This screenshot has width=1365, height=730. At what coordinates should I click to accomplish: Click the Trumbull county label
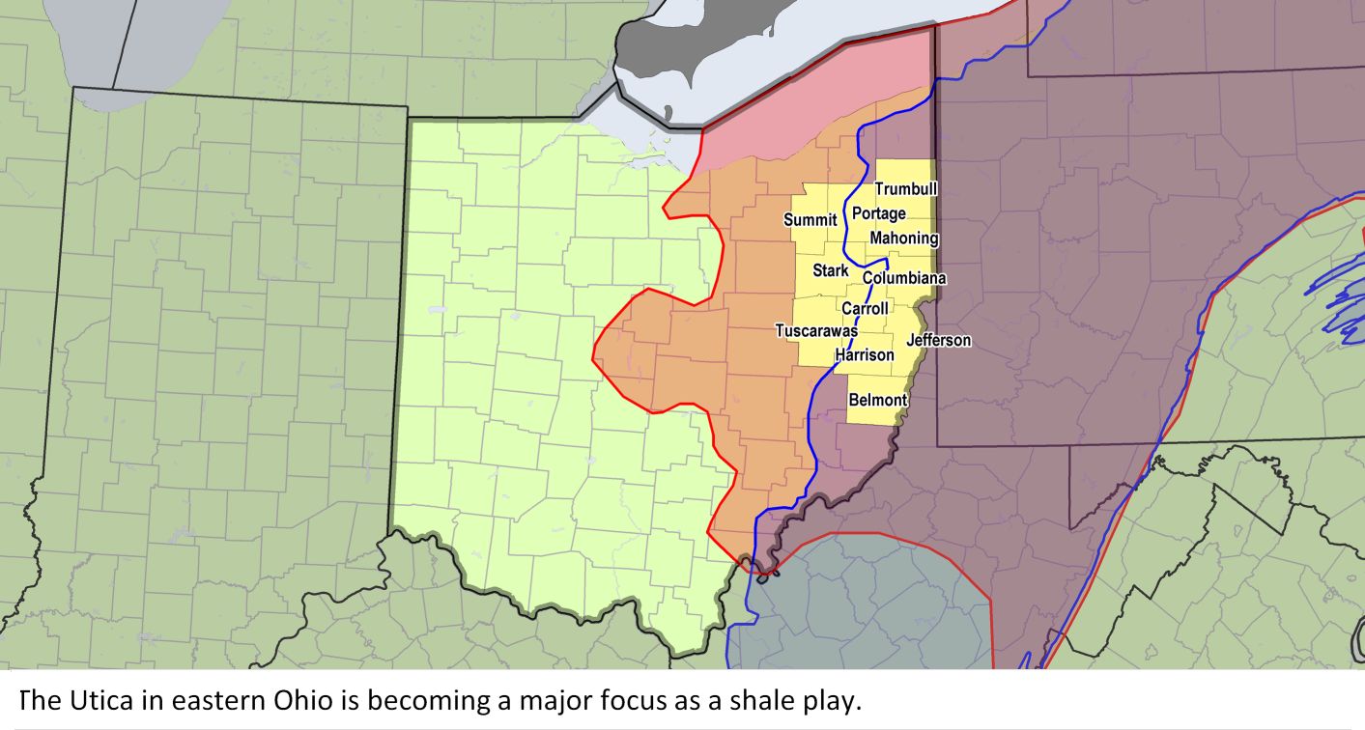click(905, 189)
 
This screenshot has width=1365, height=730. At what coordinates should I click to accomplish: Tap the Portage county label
click(878, 213)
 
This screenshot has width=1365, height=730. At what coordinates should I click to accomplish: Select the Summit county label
click(810, 220)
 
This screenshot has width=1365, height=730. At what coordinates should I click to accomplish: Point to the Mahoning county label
click(903, 238)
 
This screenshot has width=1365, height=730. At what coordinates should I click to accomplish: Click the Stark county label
click(830, 270)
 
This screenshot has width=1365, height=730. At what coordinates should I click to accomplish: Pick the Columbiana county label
click(904, 278)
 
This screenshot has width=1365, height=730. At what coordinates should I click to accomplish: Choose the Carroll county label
click(865, 309)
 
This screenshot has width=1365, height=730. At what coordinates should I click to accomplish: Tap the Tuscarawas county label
click(816, 331)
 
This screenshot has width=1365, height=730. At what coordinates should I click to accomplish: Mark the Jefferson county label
click(938, 340)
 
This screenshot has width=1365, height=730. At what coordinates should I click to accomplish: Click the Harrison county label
click(865, 355)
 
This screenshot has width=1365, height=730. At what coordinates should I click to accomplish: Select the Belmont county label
click(877, 400)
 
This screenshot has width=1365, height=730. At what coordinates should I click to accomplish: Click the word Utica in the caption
click(93, 700)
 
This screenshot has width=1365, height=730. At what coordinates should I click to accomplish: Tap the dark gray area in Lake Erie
click(676, 58)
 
